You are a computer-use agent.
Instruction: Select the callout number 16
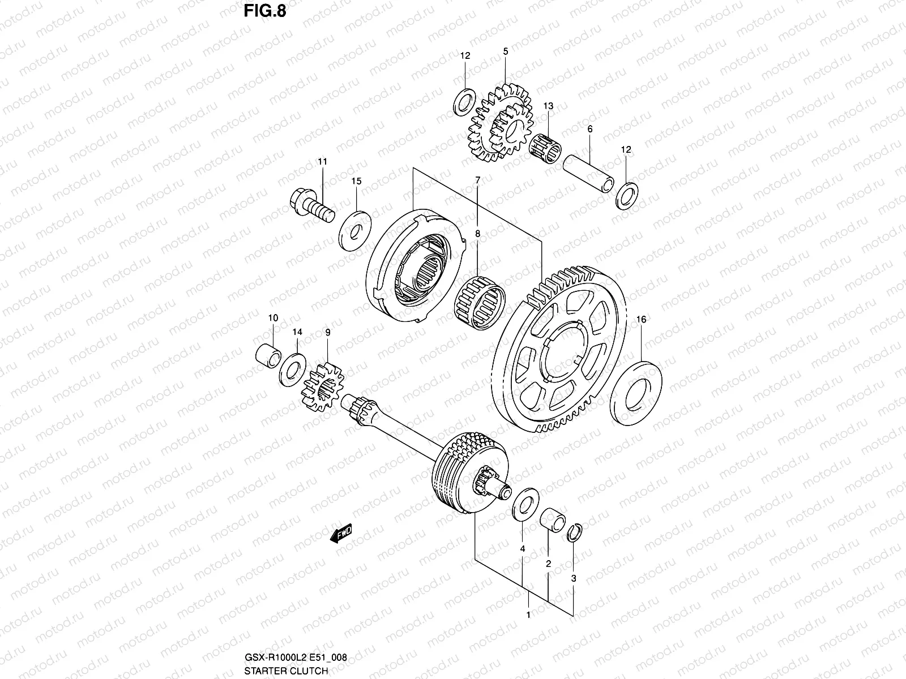[641, 320]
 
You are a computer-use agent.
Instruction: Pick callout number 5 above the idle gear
[505, 51]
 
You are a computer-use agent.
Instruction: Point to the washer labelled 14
[293, 368]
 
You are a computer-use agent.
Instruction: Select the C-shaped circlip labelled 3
[574, 533]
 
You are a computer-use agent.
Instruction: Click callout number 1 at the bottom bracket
[528, 614]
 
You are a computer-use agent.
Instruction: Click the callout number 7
[477, 180]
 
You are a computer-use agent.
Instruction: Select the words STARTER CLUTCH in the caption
[286, 671]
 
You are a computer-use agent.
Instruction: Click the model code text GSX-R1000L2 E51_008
[296, 658]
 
